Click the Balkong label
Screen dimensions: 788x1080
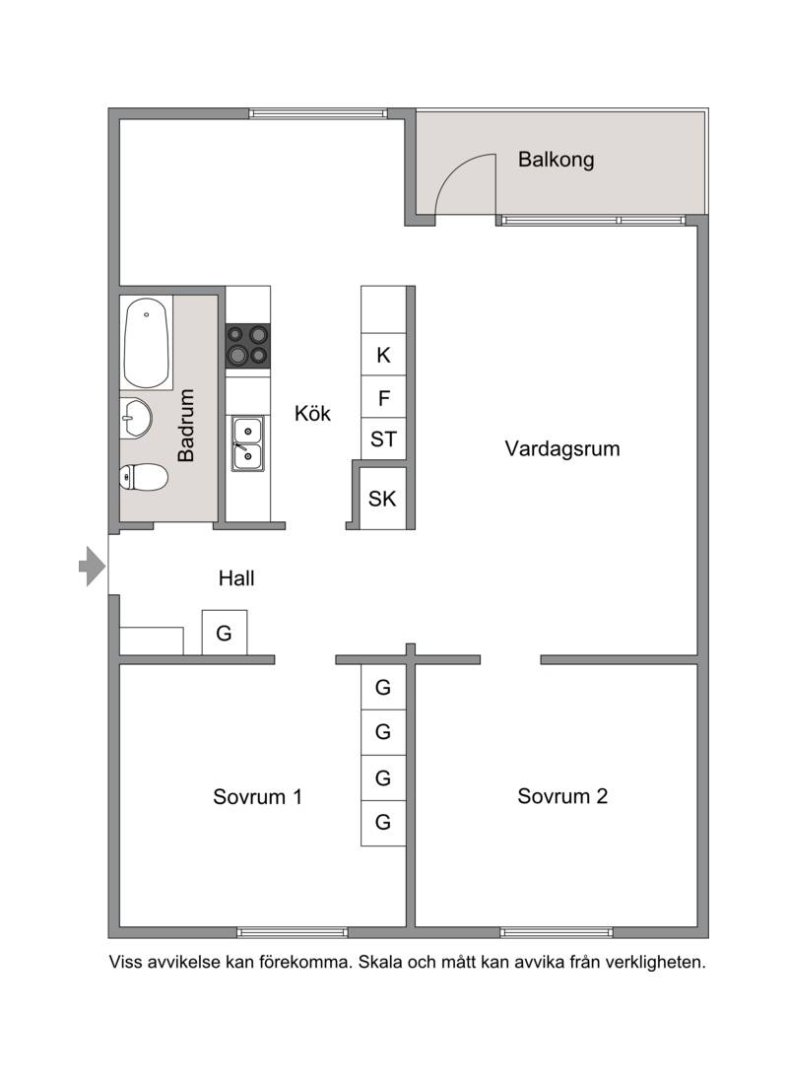[557, 160]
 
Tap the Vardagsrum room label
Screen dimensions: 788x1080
[562, 448]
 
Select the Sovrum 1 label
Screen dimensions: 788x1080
[257, 796]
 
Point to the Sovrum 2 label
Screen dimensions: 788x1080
[562, 796]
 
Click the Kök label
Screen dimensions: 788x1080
[312, 413]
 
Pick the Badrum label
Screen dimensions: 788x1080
[186, 425]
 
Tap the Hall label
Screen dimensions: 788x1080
[236, 577]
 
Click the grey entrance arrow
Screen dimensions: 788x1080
[93, 567]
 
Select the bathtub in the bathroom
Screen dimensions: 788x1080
[147, 343]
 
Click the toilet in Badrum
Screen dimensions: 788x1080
[144, 477]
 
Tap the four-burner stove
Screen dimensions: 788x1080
[248, 346]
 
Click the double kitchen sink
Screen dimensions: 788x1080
[247, 443]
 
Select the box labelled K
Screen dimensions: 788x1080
[383, 355]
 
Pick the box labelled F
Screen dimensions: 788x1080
[383, 397]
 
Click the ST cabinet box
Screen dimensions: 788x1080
[383, 439]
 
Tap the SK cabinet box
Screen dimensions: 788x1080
[382, 498]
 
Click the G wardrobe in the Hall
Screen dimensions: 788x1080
[225, 633]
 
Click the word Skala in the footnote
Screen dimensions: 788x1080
[380, 962]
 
